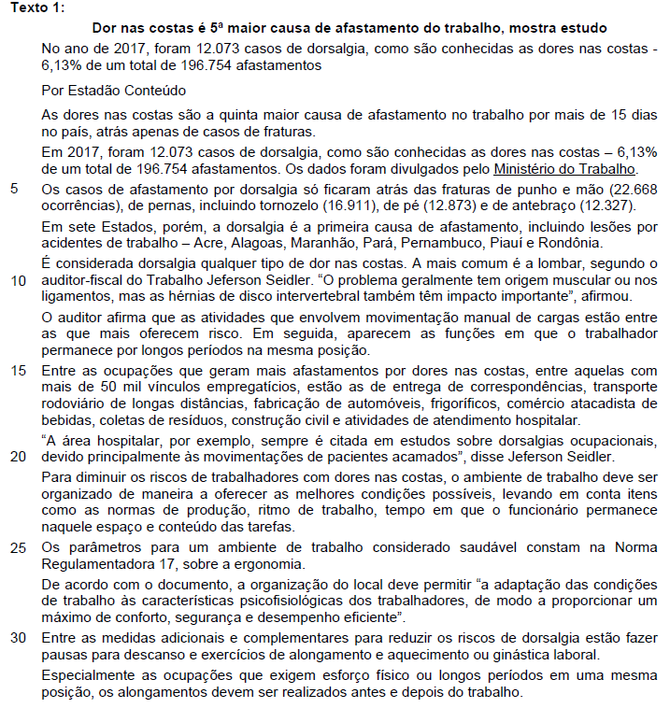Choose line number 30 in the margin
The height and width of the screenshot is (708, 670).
18,637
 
